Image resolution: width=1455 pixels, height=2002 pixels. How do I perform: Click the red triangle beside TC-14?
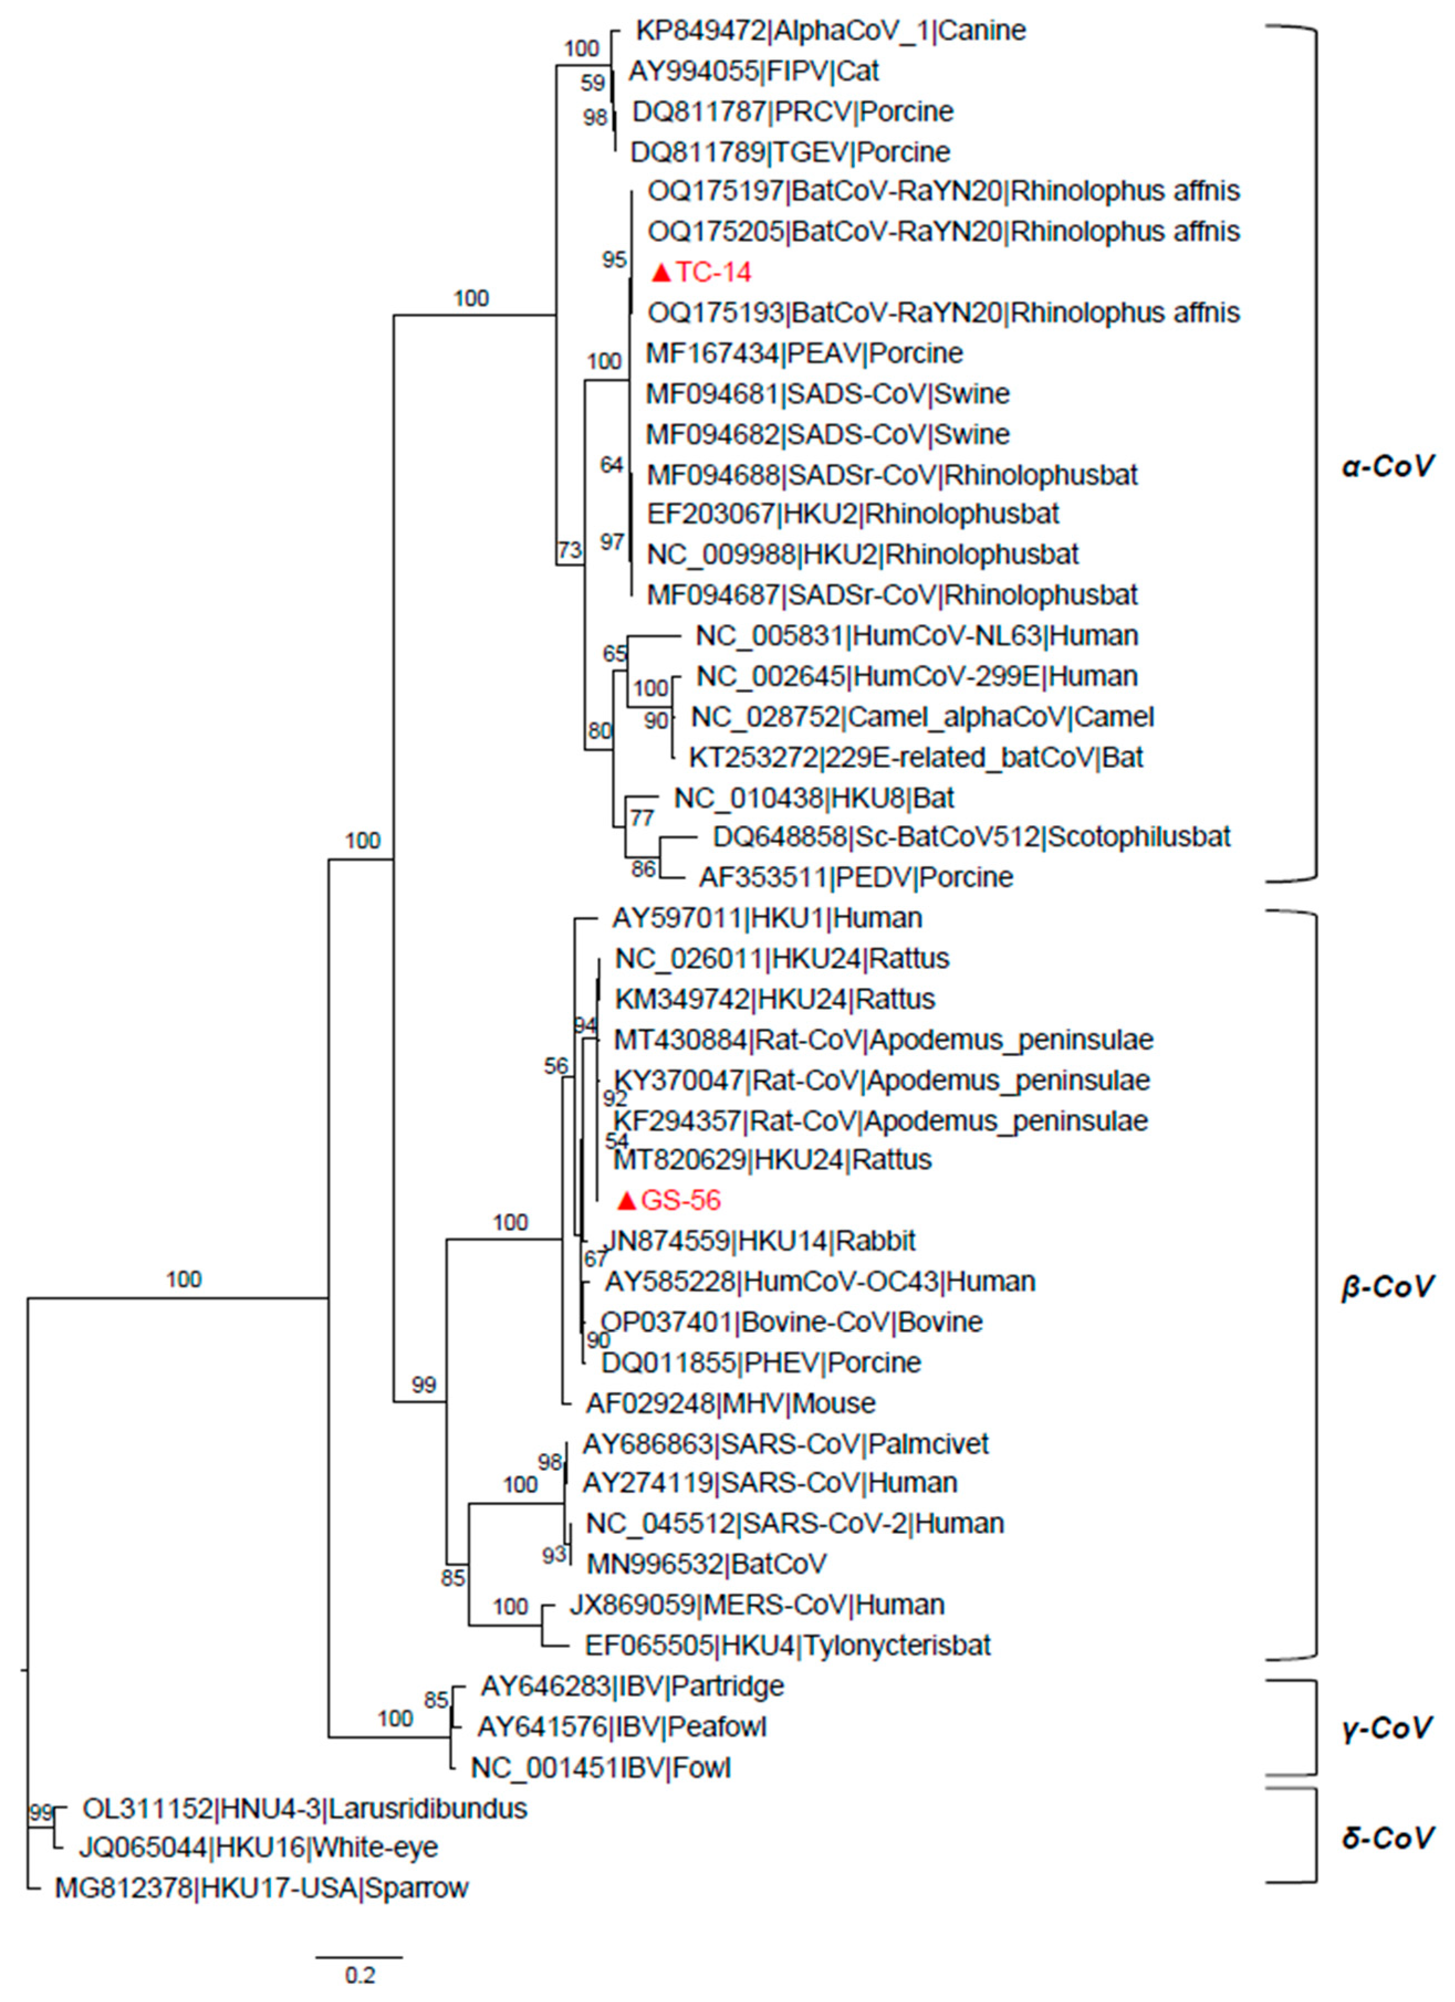point(661,272)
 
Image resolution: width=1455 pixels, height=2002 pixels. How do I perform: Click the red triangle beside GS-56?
point(627,1201)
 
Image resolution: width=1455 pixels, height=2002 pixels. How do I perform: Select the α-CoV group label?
point(1388,466)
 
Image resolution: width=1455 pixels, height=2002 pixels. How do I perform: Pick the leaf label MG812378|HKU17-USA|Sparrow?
point(261,1888)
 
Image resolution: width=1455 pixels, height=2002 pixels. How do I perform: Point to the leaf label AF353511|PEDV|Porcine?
point(856,877)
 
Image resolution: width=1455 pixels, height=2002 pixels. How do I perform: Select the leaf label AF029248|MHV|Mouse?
point(730,1403)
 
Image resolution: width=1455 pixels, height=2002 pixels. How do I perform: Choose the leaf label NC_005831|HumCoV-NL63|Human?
point(917,636)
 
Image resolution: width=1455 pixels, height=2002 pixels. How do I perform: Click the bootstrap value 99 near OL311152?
point(40,1813)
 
